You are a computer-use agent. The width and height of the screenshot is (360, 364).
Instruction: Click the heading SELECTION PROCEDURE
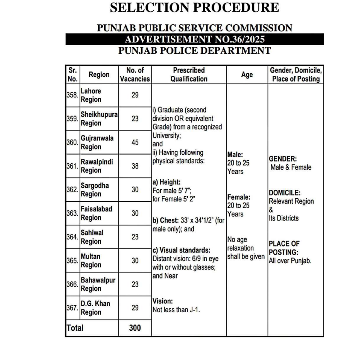pos(194,7)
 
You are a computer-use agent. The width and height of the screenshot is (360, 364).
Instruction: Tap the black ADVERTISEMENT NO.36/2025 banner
pos(194,39)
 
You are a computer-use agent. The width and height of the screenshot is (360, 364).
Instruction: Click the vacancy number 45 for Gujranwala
pos(135,143)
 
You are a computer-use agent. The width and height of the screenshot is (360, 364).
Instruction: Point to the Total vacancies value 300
pos(135,328)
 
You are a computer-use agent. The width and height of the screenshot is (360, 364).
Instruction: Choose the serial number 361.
pos(73,166)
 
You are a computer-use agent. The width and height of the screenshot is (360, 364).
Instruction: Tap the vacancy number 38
pos(135,166)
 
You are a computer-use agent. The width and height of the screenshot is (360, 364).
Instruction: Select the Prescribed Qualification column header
pos(189,75)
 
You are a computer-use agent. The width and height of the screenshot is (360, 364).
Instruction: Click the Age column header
pos(247,75)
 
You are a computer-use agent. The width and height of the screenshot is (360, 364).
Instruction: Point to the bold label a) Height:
pos(166,182)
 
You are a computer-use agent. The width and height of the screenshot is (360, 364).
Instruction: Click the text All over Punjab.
pos(290,260)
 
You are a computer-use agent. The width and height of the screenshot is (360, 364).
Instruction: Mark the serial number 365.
pos(73,260)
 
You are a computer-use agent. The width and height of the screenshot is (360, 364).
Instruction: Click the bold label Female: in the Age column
pos(239,197)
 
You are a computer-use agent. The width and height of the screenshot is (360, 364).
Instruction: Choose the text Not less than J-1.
pos(177,310)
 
